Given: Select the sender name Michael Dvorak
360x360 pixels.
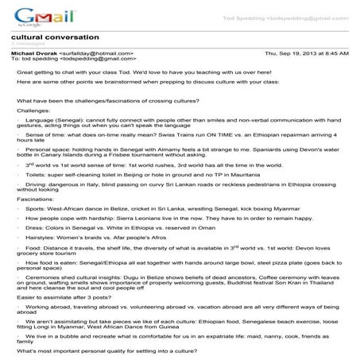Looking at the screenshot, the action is point(31,52).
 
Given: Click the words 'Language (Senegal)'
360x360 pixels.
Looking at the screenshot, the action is point(51,120).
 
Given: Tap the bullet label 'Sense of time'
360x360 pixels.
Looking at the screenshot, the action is point(45,135).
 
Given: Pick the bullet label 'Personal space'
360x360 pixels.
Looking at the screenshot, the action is point(47,149).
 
